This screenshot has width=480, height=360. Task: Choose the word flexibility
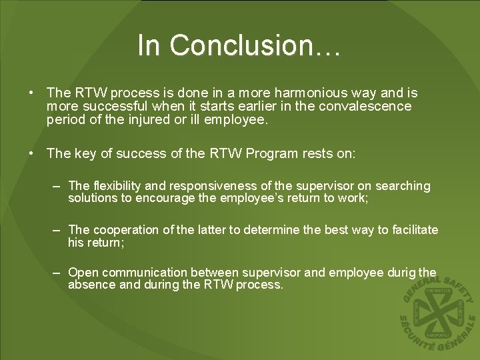[x=117, y=186]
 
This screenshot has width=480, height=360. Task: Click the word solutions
[x=91, y=198]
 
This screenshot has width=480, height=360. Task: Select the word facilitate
[x=413, y=230]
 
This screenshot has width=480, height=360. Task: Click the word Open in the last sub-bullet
[x=83, y=273]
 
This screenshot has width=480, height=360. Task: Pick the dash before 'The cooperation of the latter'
[x=59, y=230]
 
